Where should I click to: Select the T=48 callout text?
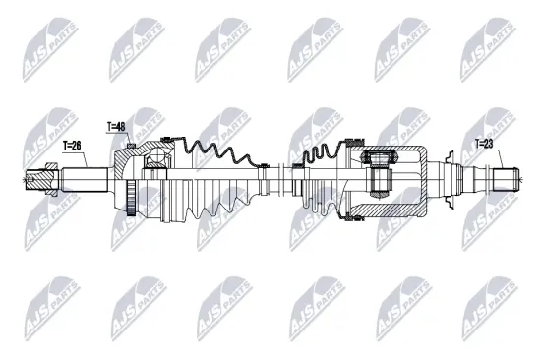click(x=117, y=126)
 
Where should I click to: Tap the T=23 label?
click(x=484, y=144)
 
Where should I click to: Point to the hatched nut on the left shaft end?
click(x=44, y=180)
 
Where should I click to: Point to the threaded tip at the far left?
click(x=28, y=180)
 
